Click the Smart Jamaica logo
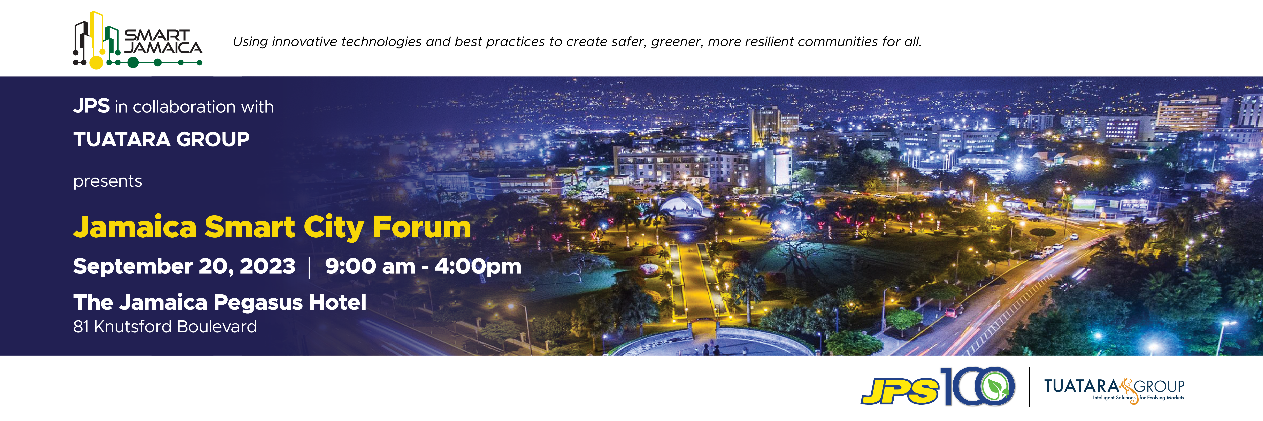tap(137, 40)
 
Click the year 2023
tap(268, 266)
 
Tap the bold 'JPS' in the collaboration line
tap(91, 106)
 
